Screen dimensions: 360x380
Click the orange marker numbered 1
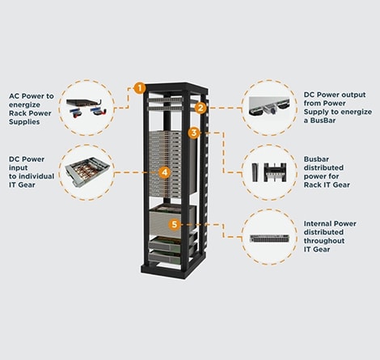140,87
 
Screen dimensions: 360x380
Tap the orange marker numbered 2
201,107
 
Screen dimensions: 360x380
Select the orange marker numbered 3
194,132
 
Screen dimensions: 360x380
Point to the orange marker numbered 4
165,172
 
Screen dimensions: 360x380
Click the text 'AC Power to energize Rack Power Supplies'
30,104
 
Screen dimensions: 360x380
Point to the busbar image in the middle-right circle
272,172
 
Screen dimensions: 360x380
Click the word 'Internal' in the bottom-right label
320,222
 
